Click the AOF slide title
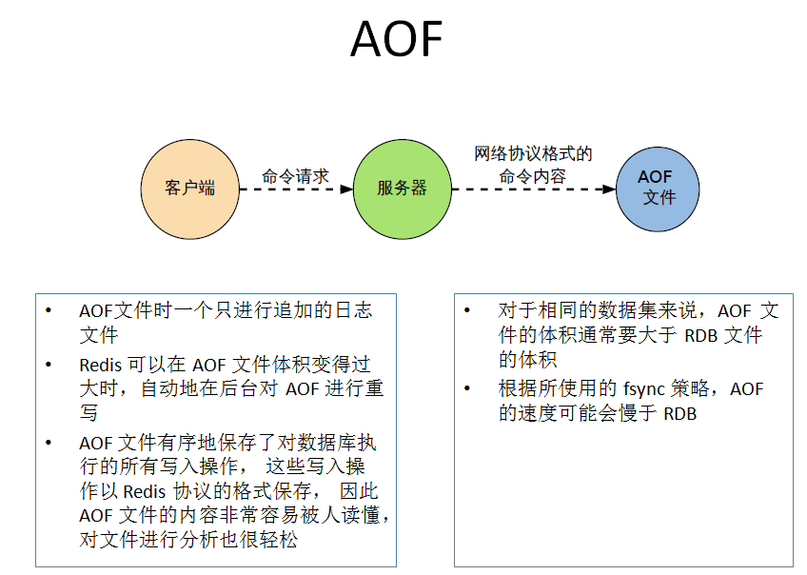[397, 39]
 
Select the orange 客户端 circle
[189, 188]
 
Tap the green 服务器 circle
[402, 188]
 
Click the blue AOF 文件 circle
[657, 188]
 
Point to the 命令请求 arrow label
[295, 176]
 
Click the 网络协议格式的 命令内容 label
[533, 165]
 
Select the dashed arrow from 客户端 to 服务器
[295, 188]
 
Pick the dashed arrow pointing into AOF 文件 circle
[533, 188]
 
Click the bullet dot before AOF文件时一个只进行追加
[49, 311]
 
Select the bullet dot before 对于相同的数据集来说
[467, 311]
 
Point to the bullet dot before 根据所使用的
[467, 389]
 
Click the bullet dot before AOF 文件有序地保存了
[49, 443]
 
